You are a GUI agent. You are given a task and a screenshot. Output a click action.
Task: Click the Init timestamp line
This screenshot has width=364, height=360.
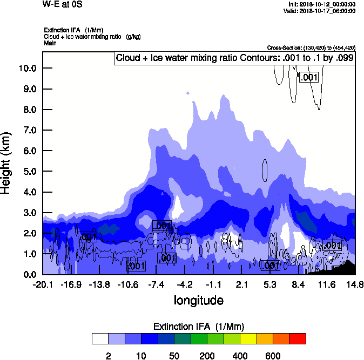(322, 4)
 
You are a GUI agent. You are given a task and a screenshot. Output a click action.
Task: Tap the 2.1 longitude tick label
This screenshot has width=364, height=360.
(242, 284)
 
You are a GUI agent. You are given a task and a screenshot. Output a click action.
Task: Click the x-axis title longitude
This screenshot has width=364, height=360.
(198, 300)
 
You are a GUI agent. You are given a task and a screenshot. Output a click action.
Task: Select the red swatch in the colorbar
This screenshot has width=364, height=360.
(298, 339)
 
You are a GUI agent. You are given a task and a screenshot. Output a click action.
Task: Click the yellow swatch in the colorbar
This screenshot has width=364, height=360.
(248, 339)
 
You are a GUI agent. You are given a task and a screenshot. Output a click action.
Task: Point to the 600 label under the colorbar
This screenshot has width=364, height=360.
(273, 356)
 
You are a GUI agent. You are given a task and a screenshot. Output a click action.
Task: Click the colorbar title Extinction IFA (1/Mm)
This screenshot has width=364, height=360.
(198, 327)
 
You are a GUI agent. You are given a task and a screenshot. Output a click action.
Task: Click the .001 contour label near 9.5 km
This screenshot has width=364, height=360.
(309, 78)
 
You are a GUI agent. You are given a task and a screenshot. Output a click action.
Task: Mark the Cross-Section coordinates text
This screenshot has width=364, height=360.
(311, 47)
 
